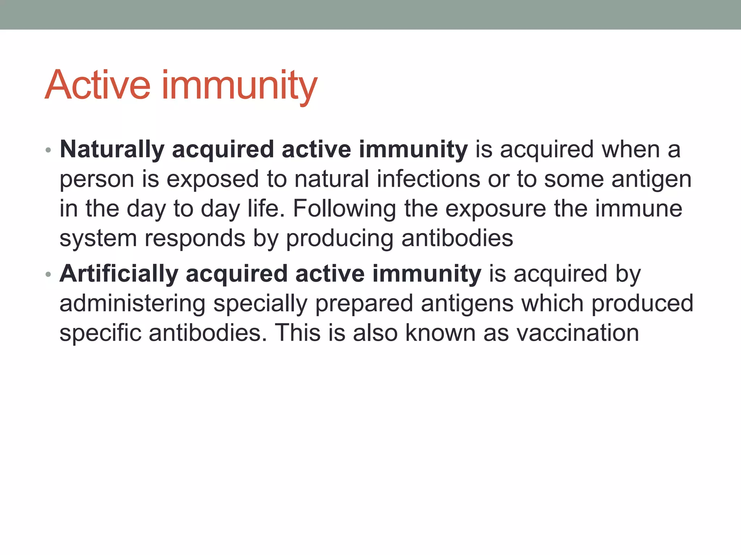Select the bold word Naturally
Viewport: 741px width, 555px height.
(112, 149)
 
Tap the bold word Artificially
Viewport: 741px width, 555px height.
(119, 274)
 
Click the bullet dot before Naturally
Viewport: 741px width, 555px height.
(48, 150)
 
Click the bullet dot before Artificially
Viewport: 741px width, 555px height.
(48, 275)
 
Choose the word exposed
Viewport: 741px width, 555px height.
(213, 180)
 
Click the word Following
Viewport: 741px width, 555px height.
(344, 209)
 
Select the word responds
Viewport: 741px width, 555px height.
(195, 238)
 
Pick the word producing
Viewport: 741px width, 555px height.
(339, 238)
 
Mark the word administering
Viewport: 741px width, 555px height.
(132, 304)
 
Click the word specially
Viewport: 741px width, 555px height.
(260, 304)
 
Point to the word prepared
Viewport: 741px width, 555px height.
(364, 304)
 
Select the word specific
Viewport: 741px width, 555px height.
(100, 333)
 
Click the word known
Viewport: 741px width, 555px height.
(440, 333)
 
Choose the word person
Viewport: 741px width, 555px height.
(97, 180)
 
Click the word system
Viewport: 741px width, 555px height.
(98, 238)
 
